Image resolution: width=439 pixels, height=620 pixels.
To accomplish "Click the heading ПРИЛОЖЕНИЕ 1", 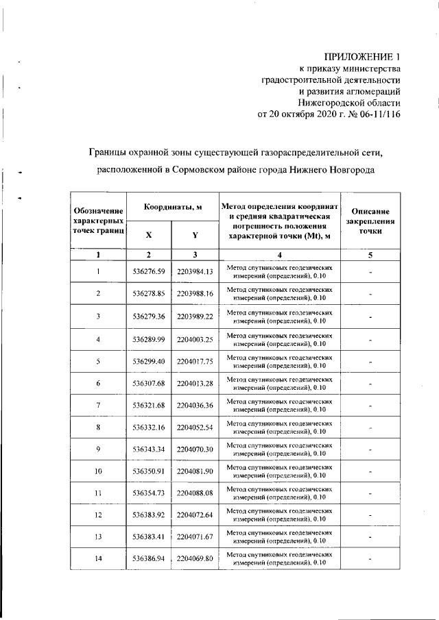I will point(361,56).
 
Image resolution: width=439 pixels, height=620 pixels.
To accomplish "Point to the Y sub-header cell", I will point(195,235).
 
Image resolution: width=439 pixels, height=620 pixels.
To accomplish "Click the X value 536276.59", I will point(149,271).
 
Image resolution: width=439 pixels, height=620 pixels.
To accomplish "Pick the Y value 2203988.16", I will point(195,294).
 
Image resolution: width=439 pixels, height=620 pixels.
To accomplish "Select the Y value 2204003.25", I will point(195,339).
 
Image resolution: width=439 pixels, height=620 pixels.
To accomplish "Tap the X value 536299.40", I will point(149,361).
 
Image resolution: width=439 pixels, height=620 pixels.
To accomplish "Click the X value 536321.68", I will point(149,406).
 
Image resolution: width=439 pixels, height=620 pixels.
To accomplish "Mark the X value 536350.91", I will point(149,472).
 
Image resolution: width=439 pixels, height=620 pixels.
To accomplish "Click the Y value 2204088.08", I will point(195,493).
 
